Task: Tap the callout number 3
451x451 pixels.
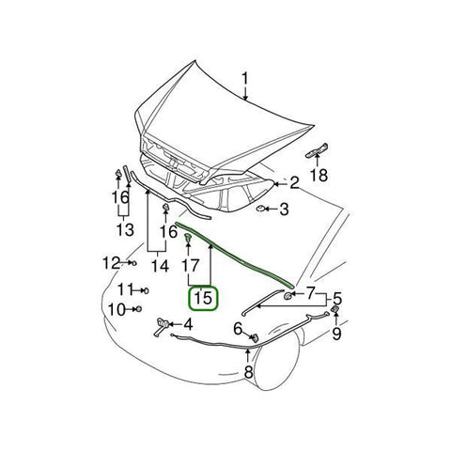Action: click(283, 210)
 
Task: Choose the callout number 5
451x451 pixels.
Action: click(337, 300)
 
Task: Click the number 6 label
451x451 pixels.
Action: click(240, 328)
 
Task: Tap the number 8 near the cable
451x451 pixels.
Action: click(247, 372)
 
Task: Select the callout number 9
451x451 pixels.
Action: click(337, 332)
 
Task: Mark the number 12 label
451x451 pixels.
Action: click(111, 262)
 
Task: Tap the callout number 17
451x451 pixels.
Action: click(188, 277)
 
